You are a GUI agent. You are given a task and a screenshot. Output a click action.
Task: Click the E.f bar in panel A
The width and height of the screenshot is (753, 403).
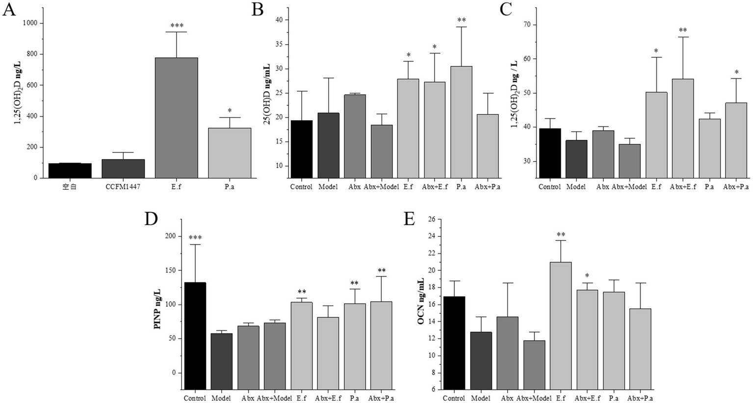[176, 118]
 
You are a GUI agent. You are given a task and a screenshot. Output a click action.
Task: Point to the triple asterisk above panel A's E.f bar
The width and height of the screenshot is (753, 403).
[176, 25]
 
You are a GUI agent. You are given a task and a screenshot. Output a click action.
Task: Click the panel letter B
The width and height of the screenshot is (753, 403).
[258, 10]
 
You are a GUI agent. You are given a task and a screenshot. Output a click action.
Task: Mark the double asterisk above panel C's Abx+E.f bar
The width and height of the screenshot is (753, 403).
[682, 30]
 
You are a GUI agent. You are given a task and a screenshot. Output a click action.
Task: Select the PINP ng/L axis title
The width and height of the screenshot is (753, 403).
[157, 304]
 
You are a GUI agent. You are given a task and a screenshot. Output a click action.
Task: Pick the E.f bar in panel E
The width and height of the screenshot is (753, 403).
[560, 326]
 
